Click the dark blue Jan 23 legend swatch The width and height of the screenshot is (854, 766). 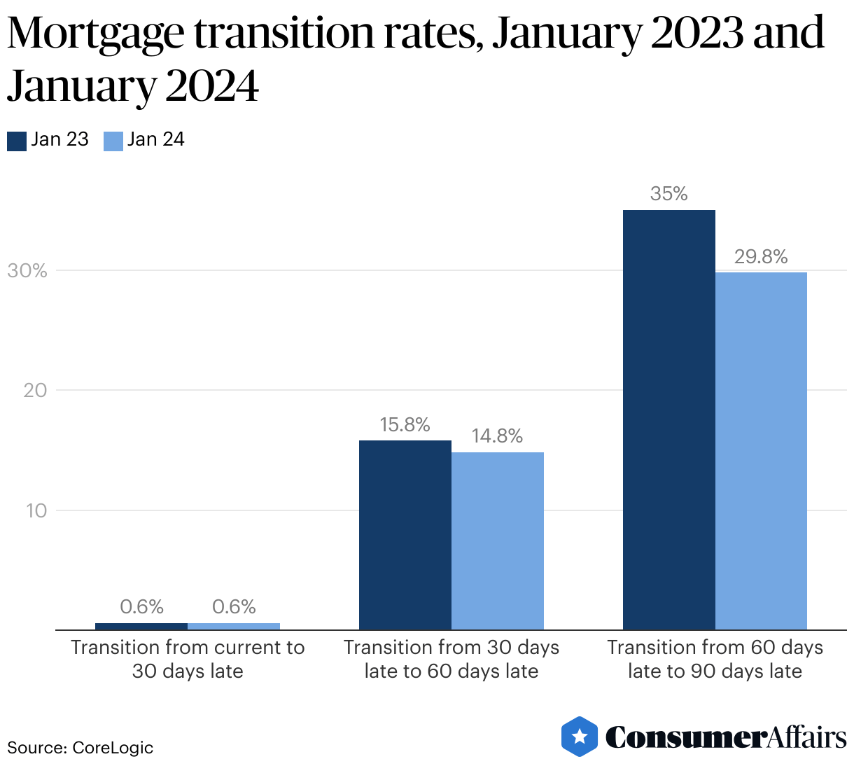[x=17, y=141]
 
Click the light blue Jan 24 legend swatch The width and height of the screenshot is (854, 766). [x=113, y=141]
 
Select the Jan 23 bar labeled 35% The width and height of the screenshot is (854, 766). [x=668, y=419]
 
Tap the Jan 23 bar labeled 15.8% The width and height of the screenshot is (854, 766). [x=405, y=535]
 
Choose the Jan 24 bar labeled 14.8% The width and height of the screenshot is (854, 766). [x=497, y=541]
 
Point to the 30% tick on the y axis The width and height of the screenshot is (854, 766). [x=27, y=271]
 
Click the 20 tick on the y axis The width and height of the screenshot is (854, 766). [x=35, y=391]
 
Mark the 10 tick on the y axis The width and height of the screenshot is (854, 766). [x=36, y=510]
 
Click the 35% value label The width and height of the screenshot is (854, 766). [x=668, y=194]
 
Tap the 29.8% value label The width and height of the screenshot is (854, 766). [x=761, y=257]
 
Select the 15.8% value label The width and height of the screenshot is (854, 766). [x=405, y=425]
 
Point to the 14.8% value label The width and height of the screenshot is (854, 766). [x=497, y=436]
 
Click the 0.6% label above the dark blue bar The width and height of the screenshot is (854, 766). [x=141, y=606]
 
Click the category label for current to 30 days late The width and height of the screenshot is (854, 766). [x=188, y=659]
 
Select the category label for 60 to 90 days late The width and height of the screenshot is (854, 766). [x=715, y=659]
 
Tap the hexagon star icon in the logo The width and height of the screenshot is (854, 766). [x=580, y=737]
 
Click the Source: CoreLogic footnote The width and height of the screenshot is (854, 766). [x=80, y=747]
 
